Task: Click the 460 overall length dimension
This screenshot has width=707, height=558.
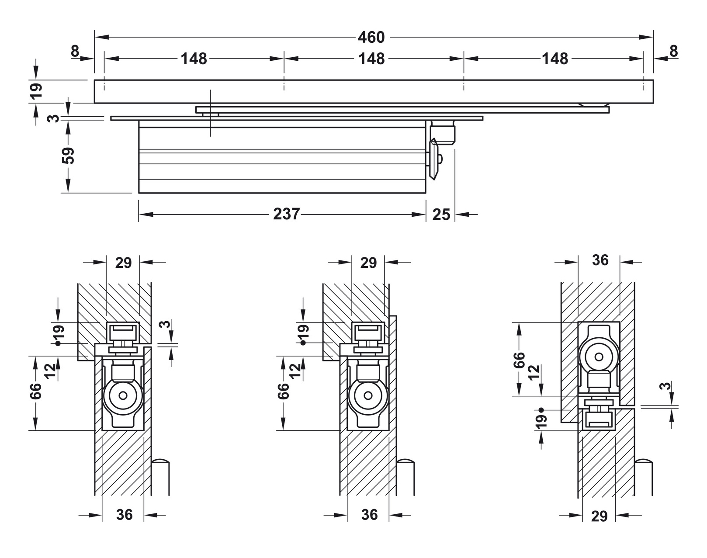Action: click(371, 38)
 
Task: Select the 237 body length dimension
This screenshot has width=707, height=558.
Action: click(286, 214)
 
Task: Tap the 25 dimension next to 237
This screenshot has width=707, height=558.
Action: click(441, 215)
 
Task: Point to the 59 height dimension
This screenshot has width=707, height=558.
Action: click(68, 155)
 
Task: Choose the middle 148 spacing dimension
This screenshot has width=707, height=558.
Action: click(371, 59)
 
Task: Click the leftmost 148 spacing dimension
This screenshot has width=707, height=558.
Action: click(194, 59)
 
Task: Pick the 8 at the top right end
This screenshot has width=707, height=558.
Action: click(673, 52)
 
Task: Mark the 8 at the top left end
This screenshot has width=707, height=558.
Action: click(75, 52)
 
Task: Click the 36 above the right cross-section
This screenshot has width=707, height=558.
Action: click(600, 260)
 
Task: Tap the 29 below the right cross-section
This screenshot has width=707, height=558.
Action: click(599, 516)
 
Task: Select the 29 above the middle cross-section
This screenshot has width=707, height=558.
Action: click(368, 263)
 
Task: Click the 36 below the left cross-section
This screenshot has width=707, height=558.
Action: click(124, 515)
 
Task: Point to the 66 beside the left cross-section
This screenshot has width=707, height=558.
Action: click(36, 391)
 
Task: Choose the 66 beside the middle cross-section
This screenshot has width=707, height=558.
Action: click(284, 391)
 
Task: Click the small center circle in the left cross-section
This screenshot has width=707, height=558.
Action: click(123, 396)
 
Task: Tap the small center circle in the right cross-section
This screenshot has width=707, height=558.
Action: click(599, 357)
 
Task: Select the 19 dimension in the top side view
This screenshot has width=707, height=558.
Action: click(37, 90)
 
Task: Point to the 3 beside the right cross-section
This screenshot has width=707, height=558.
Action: click(665, 386)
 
